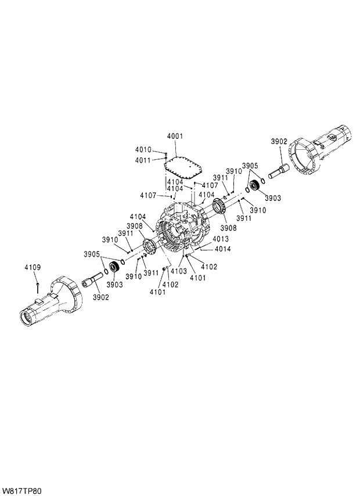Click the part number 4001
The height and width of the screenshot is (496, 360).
175,136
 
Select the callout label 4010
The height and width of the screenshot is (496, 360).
143,150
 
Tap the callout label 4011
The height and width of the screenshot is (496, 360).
143,160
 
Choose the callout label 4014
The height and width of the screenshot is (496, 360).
223,249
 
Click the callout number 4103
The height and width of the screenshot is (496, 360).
178,271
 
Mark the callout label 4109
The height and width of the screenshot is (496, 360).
33,267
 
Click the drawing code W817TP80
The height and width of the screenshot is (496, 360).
22,491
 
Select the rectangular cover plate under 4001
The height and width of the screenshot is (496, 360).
182,167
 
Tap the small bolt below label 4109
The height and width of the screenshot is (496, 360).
37,285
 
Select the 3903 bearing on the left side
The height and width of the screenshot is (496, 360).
114,268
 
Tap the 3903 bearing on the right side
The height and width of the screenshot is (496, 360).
254,188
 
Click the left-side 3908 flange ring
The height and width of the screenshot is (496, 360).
149,249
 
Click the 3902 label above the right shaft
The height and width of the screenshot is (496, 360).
279,141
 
